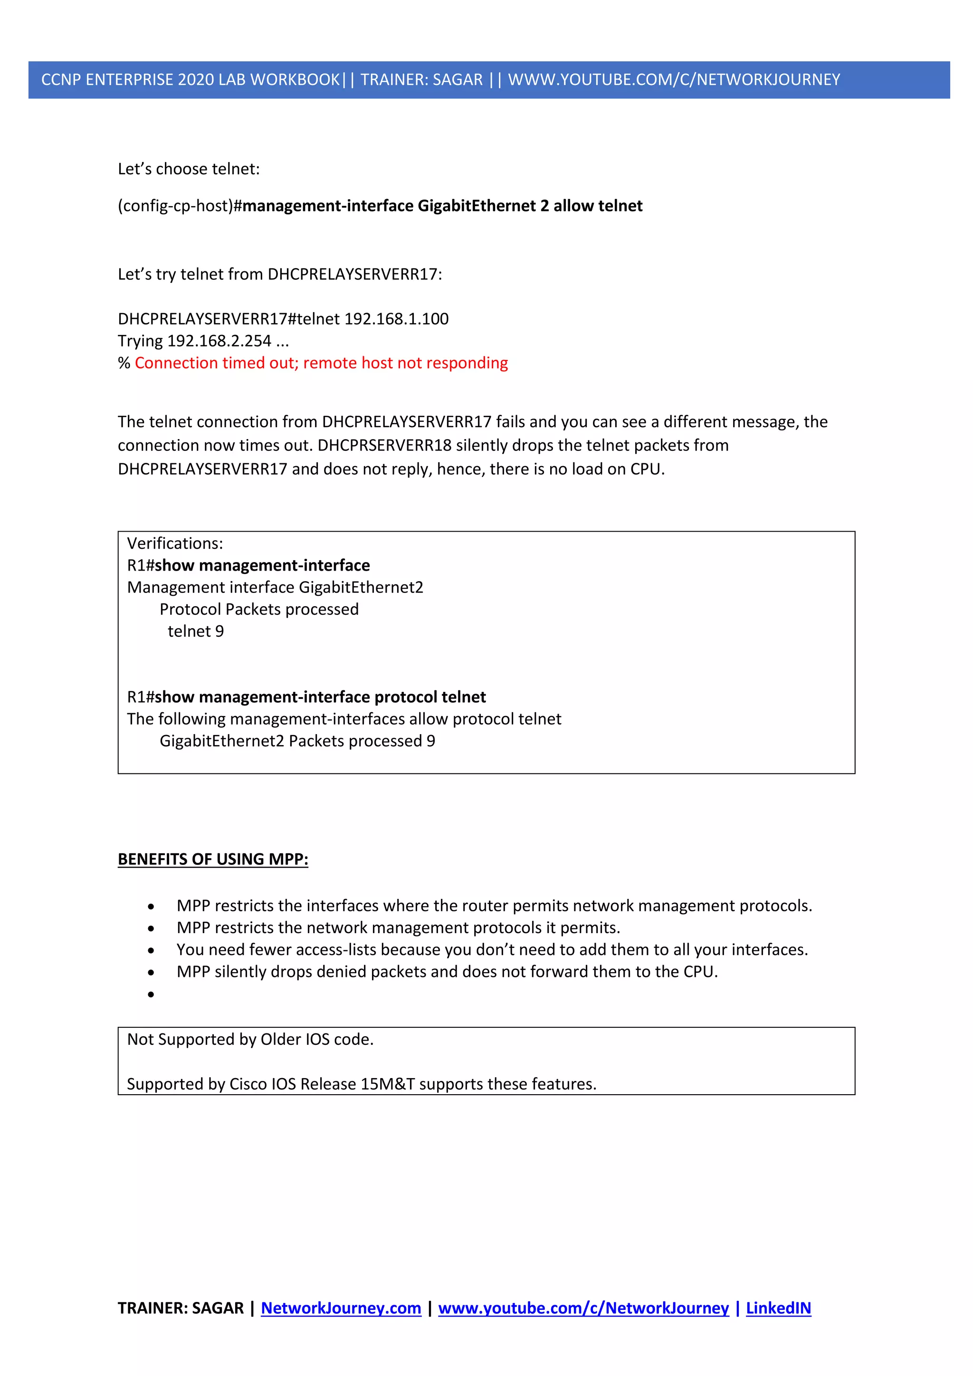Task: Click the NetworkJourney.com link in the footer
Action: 341,1308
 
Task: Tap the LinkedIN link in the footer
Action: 778,1308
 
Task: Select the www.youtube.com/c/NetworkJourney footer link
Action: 583,1308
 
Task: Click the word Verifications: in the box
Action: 175,544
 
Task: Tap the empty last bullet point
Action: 151,994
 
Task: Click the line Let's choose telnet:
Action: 189,169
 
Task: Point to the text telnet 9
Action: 195,631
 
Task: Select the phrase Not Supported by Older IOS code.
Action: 250,1039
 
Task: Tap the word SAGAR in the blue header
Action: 457,80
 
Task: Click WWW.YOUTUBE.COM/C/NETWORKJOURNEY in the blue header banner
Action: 674,80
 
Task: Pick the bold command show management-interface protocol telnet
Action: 320,697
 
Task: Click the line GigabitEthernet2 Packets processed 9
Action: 297,741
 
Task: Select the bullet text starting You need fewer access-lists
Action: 492,950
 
